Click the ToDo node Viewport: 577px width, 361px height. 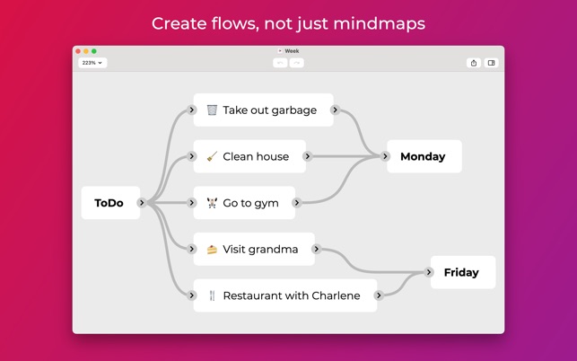coord(109,203)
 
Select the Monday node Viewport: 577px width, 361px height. coord(423,156)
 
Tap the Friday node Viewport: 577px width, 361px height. coord(461,272)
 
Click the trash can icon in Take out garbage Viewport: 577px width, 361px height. coord(212,110)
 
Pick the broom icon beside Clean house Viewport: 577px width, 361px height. coord(212,156)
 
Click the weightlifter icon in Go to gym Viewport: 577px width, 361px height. coord(212,203)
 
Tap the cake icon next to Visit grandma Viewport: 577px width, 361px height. coord(212,249)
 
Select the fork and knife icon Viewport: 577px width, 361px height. coord(212,295)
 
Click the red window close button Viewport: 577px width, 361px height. coord(78,51)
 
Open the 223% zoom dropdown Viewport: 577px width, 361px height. coord(92,63)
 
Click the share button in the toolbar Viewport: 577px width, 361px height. coord(474,63)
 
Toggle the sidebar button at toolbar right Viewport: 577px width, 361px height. coord(491,63)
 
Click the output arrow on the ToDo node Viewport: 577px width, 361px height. coord(142,203)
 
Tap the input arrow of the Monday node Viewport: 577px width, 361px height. coord(386,156)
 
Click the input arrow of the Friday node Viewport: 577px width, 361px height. coord(429,272)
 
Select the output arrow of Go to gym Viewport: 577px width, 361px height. coord(297,203)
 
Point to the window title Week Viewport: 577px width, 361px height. coord(292,51)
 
